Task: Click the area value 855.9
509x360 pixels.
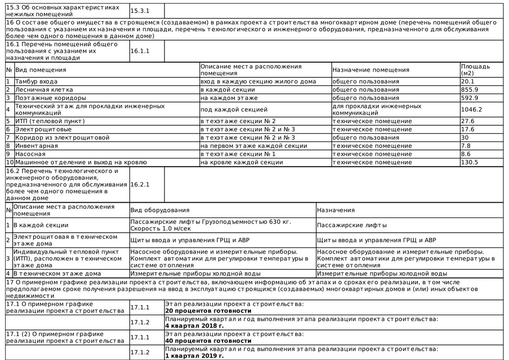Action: click(469, 90)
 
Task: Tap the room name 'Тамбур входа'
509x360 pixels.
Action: click(36, 81)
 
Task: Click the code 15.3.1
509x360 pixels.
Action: click(140, 11)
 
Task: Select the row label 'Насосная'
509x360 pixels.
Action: click(30, 154)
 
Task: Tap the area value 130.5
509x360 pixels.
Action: click(469, 162)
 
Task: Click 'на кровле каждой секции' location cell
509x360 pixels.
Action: click(242, 162)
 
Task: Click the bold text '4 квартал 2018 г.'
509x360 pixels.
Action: click(194, 326)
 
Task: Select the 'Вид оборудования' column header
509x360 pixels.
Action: click(160, 210)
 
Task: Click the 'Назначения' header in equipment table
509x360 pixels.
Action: click(335, 210)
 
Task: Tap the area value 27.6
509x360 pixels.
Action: click(467, 121)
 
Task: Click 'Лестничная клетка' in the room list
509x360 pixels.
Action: click(45, 90)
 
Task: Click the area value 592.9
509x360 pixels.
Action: click(469, 98)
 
